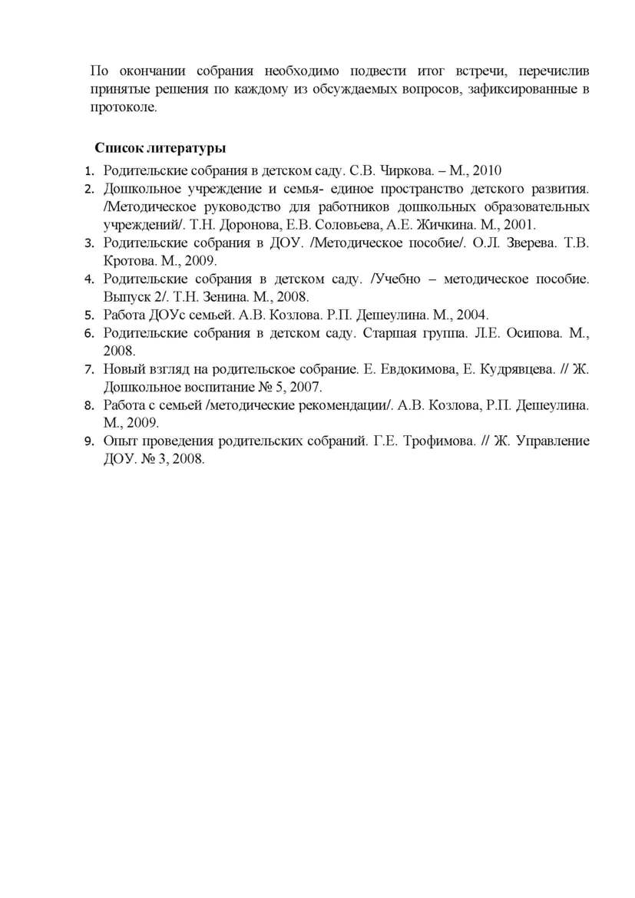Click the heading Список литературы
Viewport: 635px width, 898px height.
[160, 147]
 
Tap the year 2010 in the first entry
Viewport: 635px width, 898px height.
[487, 170]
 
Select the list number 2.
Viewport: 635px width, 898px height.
[88, 189]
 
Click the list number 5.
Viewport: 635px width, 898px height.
[88, 315]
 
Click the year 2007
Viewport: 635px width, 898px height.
[307, 387]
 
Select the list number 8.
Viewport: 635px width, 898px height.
[88, 405]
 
